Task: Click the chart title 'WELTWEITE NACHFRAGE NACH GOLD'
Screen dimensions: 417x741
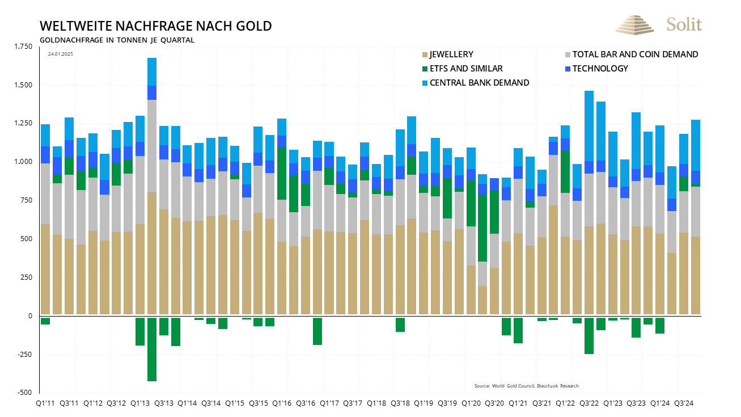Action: click(155, 26)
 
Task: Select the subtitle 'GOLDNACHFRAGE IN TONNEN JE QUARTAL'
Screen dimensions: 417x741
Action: click(117, 40)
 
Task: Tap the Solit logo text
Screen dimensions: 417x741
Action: click(684, 24)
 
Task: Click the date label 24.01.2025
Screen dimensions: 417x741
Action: click(61, 54)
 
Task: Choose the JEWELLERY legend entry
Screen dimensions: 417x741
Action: click(451, 54)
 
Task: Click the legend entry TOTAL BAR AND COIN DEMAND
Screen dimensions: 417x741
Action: click(634, 54)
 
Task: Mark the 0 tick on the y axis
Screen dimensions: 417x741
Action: click(31, 316)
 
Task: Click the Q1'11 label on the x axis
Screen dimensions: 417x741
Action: click(45, 403)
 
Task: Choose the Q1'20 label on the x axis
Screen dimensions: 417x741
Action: click(471, 403)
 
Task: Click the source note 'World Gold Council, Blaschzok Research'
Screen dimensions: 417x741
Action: click(526, 386)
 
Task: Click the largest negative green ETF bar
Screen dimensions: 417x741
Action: click(152, 349)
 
